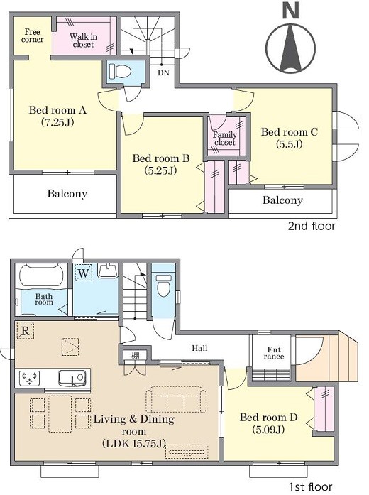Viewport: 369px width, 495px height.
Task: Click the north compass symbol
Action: [290, 41]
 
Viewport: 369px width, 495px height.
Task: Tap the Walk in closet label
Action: [83, 40]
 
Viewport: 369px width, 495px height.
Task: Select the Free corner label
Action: [32, 36]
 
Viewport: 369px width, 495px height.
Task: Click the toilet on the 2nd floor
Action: [120, 71]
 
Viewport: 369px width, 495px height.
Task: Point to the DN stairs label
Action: [163, 72]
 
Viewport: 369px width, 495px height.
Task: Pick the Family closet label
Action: [224, 138]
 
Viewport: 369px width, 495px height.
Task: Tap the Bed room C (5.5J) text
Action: [290, 138]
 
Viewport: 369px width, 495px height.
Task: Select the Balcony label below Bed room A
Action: [67, 193]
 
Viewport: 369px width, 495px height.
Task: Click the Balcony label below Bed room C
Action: [282, 200]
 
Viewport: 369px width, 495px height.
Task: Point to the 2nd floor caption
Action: [312, 226]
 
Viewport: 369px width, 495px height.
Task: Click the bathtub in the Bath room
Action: [43, 276]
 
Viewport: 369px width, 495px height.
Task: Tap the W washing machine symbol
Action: [84, 273]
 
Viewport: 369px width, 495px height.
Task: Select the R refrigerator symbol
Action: [26, 330]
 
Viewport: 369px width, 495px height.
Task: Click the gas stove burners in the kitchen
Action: [29, 378]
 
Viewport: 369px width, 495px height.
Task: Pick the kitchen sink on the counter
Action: [72, 378]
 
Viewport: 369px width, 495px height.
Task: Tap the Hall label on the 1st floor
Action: [199, 348]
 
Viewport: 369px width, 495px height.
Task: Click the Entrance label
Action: [274, 353]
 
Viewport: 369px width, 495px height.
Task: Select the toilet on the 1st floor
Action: [163, 285]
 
